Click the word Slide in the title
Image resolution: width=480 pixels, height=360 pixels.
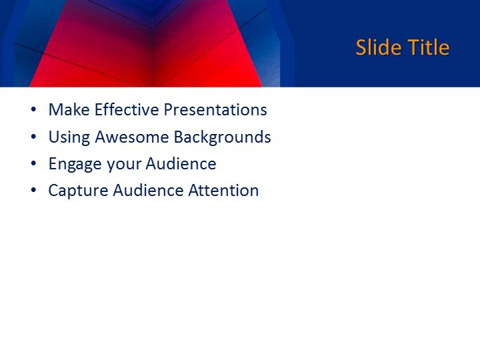coord(377,48)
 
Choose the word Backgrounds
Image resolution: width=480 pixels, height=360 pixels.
coord(222,137)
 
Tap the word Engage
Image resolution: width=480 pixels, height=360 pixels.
coord(74,164)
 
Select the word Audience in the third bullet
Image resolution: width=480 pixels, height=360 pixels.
coord(181,163)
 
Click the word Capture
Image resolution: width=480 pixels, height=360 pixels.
coord(78,191)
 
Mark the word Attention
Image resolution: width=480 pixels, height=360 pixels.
coord(223,190)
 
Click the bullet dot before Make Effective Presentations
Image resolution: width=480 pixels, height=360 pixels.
coord(33,111)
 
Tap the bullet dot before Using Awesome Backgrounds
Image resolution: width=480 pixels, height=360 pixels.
coord(33,137)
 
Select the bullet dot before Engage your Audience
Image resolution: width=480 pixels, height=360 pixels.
coord(33,164)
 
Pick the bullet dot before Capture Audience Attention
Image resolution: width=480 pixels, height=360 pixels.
coord(33,191)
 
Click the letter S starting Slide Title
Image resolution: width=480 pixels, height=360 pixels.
coord(361,48)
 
